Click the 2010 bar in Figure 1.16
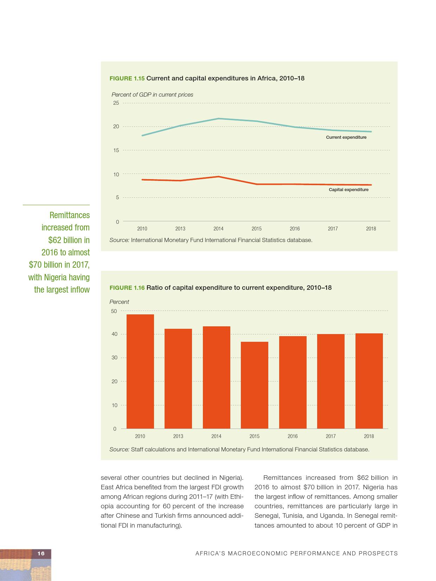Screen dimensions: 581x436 [140, 371]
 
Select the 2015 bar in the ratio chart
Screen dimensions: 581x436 [254, 385]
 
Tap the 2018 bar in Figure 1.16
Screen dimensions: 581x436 [369, 381]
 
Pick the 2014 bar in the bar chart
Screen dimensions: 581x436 [216, 377]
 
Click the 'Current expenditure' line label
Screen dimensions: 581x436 [346, 137]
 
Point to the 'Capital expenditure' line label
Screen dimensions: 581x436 [348, 190]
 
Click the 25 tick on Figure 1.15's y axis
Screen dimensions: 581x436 [116, 103]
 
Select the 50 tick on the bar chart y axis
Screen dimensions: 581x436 [114, 311]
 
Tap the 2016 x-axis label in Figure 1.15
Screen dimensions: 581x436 [295, 229]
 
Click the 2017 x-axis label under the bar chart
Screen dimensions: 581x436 [331, 436]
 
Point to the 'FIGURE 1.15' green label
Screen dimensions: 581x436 [127, 78]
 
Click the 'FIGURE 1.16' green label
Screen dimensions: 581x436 [127, 288]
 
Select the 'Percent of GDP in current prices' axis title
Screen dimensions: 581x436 [152, 94]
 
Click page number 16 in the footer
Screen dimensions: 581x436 [41, 553]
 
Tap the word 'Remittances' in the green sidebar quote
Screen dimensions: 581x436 [70, 215]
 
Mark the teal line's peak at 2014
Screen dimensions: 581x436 [218, 118]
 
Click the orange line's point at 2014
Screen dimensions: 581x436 [218, 176]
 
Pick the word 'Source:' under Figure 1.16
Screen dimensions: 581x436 [120, 449]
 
